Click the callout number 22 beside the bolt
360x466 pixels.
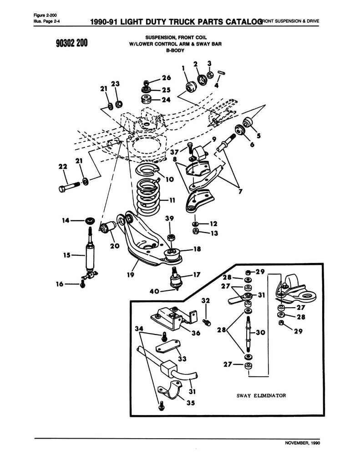(x=63, y=167)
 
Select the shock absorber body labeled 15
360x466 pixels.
(x=90, y=256)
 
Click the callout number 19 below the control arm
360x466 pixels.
(x=131, y=274)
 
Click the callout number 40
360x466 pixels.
(x=154, y=291)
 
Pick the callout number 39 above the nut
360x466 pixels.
(x=169, y=218)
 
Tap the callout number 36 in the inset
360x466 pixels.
(x=196, y=333)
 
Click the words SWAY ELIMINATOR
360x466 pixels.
(x=261, y=395)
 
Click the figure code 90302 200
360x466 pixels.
(x=71, y=43)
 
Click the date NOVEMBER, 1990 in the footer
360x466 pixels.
(x=302, y=443)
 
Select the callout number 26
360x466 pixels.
(x=167, y=78)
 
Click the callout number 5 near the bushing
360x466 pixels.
(x=259, y=136)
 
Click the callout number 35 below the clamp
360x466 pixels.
(x=191, y=403)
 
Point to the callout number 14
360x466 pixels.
(x=66, y=220)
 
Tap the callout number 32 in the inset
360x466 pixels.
(x=205, y=300)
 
